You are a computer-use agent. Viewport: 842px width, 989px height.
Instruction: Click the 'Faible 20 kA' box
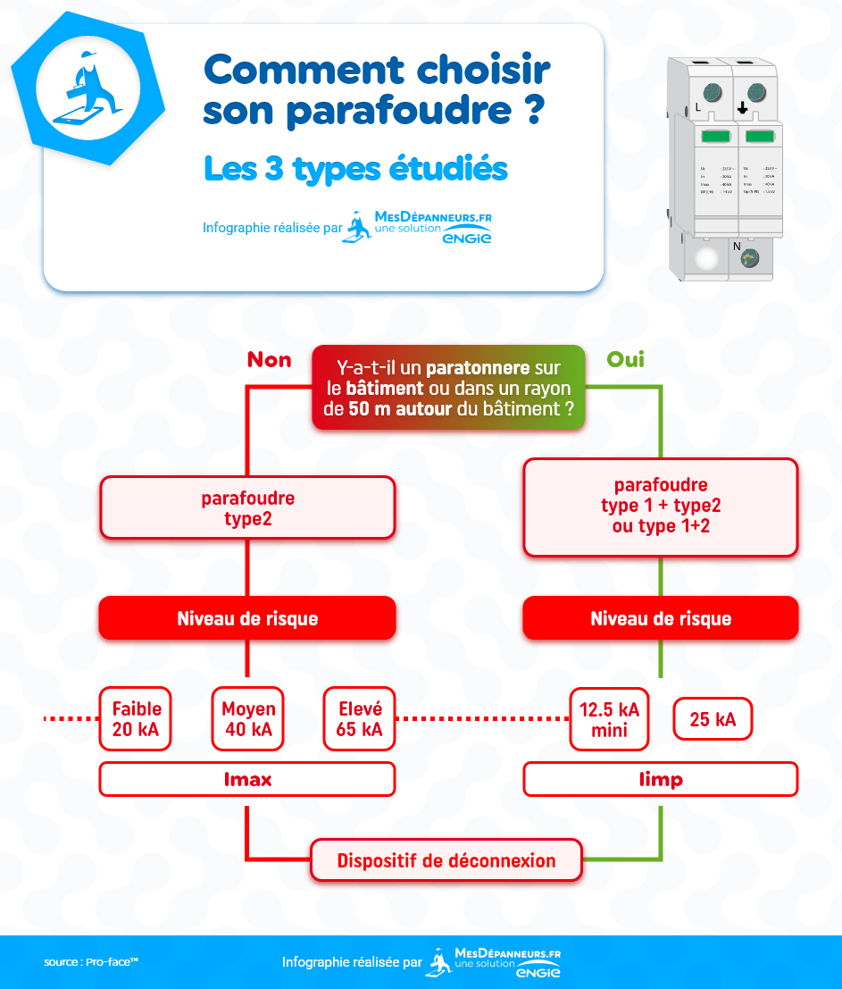click(x=137, y=718)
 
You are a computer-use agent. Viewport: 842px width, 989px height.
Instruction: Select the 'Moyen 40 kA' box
click(x=248, y=718)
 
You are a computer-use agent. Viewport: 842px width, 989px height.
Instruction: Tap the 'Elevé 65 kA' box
click(x=360, y=718)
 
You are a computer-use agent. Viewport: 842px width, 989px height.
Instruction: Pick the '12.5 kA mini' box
click(x=610, y=719)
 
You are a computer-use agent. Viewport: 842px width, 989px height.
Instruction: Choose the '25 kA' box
click(x=713, y=719)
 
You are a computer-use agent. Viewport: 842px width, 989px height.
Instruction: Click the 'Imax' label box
click(x=247, y=779)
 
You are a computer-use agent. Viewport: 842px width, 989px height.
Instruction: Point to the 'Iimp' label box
click(x=660, y=779)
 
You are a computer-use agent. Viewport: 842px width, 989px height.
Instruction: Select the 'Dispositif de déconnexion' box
click(x=446, y=861)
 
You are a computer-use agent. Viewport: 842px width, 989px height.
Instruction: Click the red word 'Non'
click(x=269, y=360)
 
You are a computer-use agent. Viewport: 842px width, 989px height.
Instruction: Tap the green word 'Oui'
click(x=625, y=360)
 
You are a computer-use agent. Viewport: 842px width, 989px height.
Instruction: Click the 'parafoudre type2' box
click(x=247, y=507)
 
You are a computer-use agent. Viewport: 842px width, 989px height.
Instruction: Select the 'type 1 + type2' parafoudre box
click(x=660, y=507)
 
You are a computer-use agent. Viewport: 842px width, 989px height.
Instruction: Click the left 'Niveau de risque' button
click(x=247, y=618)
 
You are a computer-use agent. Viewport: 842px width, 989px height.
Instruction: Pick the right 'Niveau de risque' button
click(x=660, y=618)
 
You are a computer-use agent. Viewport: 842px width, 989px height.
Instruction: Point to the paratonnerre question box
click(x=448, y=389)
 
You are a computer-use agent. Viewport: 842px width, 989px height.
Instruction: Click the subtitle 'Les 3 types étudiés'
click(x=355, y=169)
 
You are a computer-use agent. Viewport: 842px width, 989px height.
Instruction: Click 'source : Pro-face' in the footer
click(x=91, y=962)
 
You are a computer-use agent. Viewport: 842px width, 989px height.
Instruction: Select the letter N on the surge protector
click(x=737, y=246)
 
